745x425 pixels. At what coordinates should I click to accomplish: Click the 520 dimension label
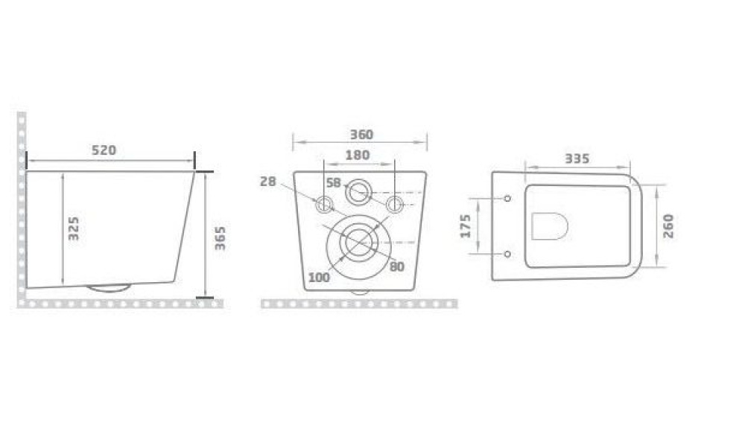click(x=104, y=150)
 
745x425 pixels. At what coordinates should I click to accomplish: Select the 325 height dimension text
click(x=74, y=228)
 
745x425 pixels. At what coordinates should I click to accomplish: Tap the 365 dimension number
click(x=221, y=237)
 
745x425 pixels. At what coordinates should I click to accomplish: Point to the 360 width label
click(x=361, y=135)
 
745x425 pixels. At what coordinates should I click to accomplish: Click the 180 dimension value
click(x=358, y=155)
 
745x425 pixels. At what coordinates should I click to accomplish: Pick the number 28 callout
click(x=268, y=181)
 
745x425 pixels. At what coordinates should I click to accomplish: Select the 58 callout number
click(x=333, y=182)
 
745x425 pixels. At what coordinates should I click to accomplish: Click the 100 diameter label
click(x=318, y=278)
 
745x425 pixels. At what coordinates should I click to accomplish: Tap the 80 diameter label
click(x=396, y=266)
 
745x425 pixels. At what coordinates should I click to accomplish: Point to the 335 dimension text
click(x=577, y=158)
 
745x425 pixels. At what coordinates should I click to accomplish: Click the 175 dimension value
click(x=466, y=226)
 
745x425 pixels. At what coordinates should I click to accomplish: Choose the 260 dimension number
click(x=668, y=226)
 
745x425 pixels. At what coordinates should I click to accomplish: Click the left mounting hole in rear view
click(x=324, y=205)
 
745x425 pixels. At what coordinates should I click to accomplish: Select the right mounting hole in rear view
click(x=395, y=204)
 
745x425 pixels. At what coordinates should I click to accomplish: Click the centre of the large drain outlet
click(x=359, y=242)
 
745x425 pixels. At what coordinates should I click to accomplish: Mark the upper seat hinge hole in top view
click(x=507, y=199)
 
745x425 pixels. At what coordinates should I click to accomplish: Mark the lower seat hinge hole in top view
click(x=507, y=254)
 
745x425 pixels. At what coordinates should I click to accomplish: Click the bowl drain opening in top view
click(x=551, y=226)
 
